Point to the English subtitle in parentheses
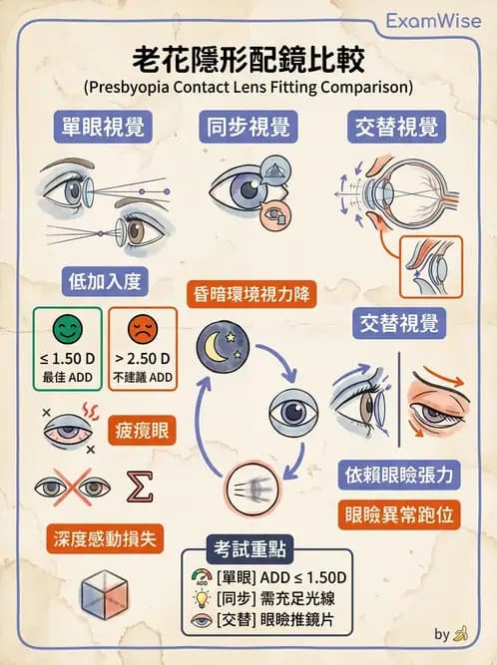[248, 86]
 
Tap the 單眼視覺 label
[97, 128]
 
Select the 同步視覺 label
[248, 128]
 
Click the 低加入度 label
[103, 280]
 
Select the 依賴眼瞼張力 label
[399, 474]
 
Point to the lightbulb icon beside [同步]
[199, 599]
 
